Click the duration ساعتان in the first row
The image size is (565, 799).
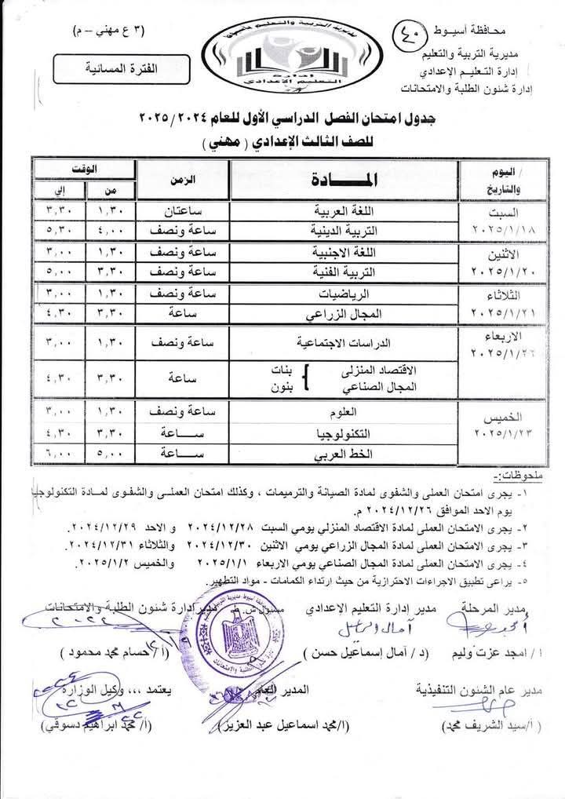(183, 213)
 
